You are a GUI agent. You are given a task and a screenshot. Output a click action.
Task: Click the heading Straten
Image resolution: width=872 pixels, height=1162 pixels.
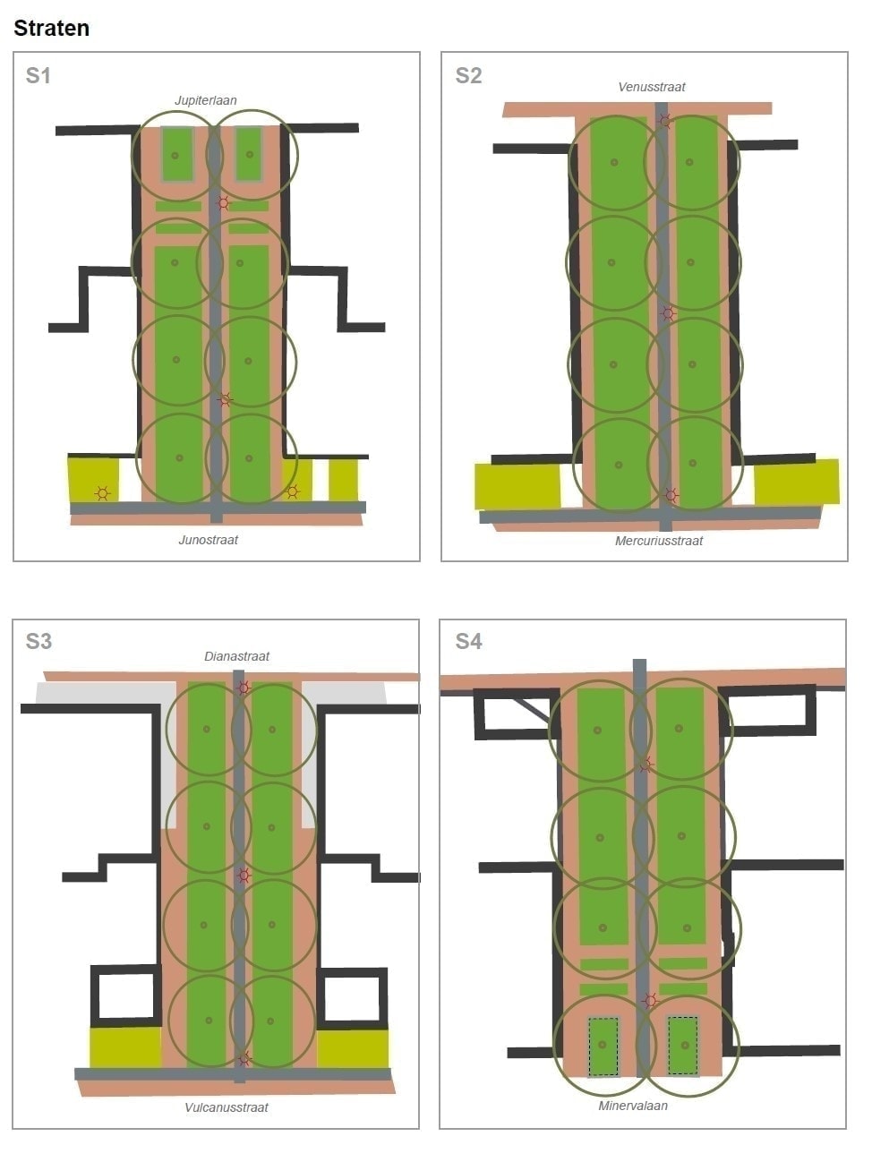(x=51, y=28)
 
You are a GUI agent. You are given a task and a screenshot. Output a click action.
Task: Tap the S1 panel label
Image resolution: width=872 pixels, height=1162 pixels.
(x=38, y=76)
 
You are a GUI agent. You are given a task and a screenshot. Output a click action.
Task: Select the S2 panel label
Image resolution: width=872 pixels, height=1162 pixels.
(x=468, y=76)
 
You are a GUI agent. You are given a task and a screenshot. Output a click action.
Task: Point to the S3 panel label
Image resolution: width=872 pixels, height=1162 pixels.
(x=38, y=641)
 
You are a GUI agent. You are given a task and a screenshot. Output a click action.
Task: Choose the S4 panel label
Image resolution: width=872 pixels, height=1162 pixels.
(x=468, y=641)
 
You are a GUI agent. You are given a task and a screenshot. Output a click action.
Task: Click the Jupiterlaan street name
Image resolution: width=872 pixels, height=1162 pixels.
(x=205, y=100)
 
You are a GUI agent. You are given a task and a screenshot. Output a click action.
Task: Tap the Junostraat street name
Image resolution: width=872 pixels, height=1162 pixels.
(x=208, y=540)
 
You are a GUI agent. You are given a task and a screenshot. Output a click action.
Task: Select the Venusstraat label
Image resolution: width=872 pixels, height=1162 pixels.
(x=651, y=87)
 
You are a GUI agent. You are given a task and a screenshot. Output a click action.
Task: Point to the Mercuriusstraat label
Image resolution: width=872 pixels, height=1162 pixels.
(x=659, y=541)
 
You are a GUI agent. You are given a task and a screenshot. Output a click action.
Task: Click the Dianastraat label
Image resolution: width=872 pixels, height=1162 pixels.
(x=236, y=656)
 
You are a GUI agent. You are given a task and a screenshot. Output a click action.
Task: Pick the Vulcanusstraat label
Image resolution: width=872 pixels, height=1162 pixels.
(x=227, y=1107)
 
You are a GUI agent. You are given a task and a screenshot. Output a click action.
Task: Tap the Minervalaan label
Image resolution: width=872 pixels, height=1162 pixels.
(x=633, y=1106)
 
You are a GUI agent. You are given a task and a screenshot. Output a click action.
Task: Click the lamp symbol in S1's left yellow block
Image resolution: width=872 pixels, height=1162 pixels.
(x=102, y=494)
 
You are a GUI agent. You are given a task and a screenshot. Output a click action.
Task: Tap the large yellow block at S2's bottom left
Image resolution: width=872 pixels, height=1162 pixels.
(x=517, y=486)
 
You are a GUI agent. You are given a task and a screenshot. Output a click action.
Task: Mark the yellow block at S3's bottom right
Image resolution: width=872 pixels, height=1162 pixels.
(x=353, y=1048)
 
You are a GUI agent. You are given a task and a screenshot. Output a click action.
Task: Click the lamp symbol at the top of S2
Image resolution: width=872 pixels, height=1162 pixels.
(x=664, y=121)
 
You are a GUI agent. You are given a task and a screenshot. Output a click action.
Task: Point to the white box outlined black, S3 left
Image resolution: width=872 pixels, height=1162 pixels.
(x=125, y=995)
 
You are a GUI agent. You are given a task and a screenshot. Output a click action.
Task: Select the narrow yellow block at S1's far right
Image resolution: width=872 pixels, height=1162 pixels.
(x=343, y=480)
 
